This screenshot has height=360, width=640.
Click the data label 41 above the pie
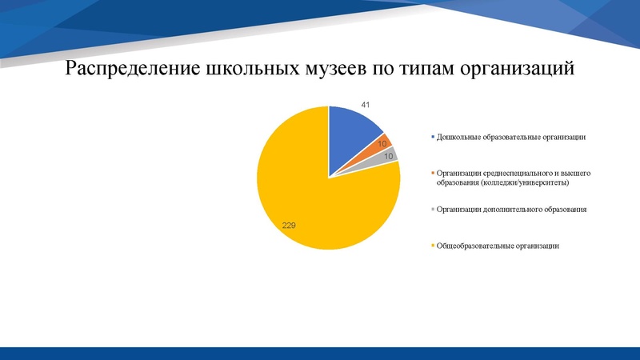tap(366, 106)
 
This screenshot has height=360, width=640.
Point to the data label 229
tap(289, 226)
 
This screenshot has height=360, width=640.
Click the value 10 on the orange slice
tap(382, 144)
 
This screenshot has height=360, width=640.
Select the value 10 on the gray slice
tap(390, 157)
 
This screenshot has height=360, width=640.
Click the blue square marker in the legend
tap(433, 138)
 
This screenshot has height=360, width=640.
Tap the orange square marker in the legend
tap(433, 174)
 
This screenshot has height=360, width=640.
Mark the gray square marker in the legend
tap(433, 210)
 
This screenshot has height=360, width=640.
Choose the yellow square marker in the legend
tap(433, 246)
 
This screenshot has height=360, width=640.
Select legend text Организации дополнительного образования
tap(511, 210)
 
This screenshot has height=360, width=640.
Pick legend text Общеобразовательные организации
tap(497, 246)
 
